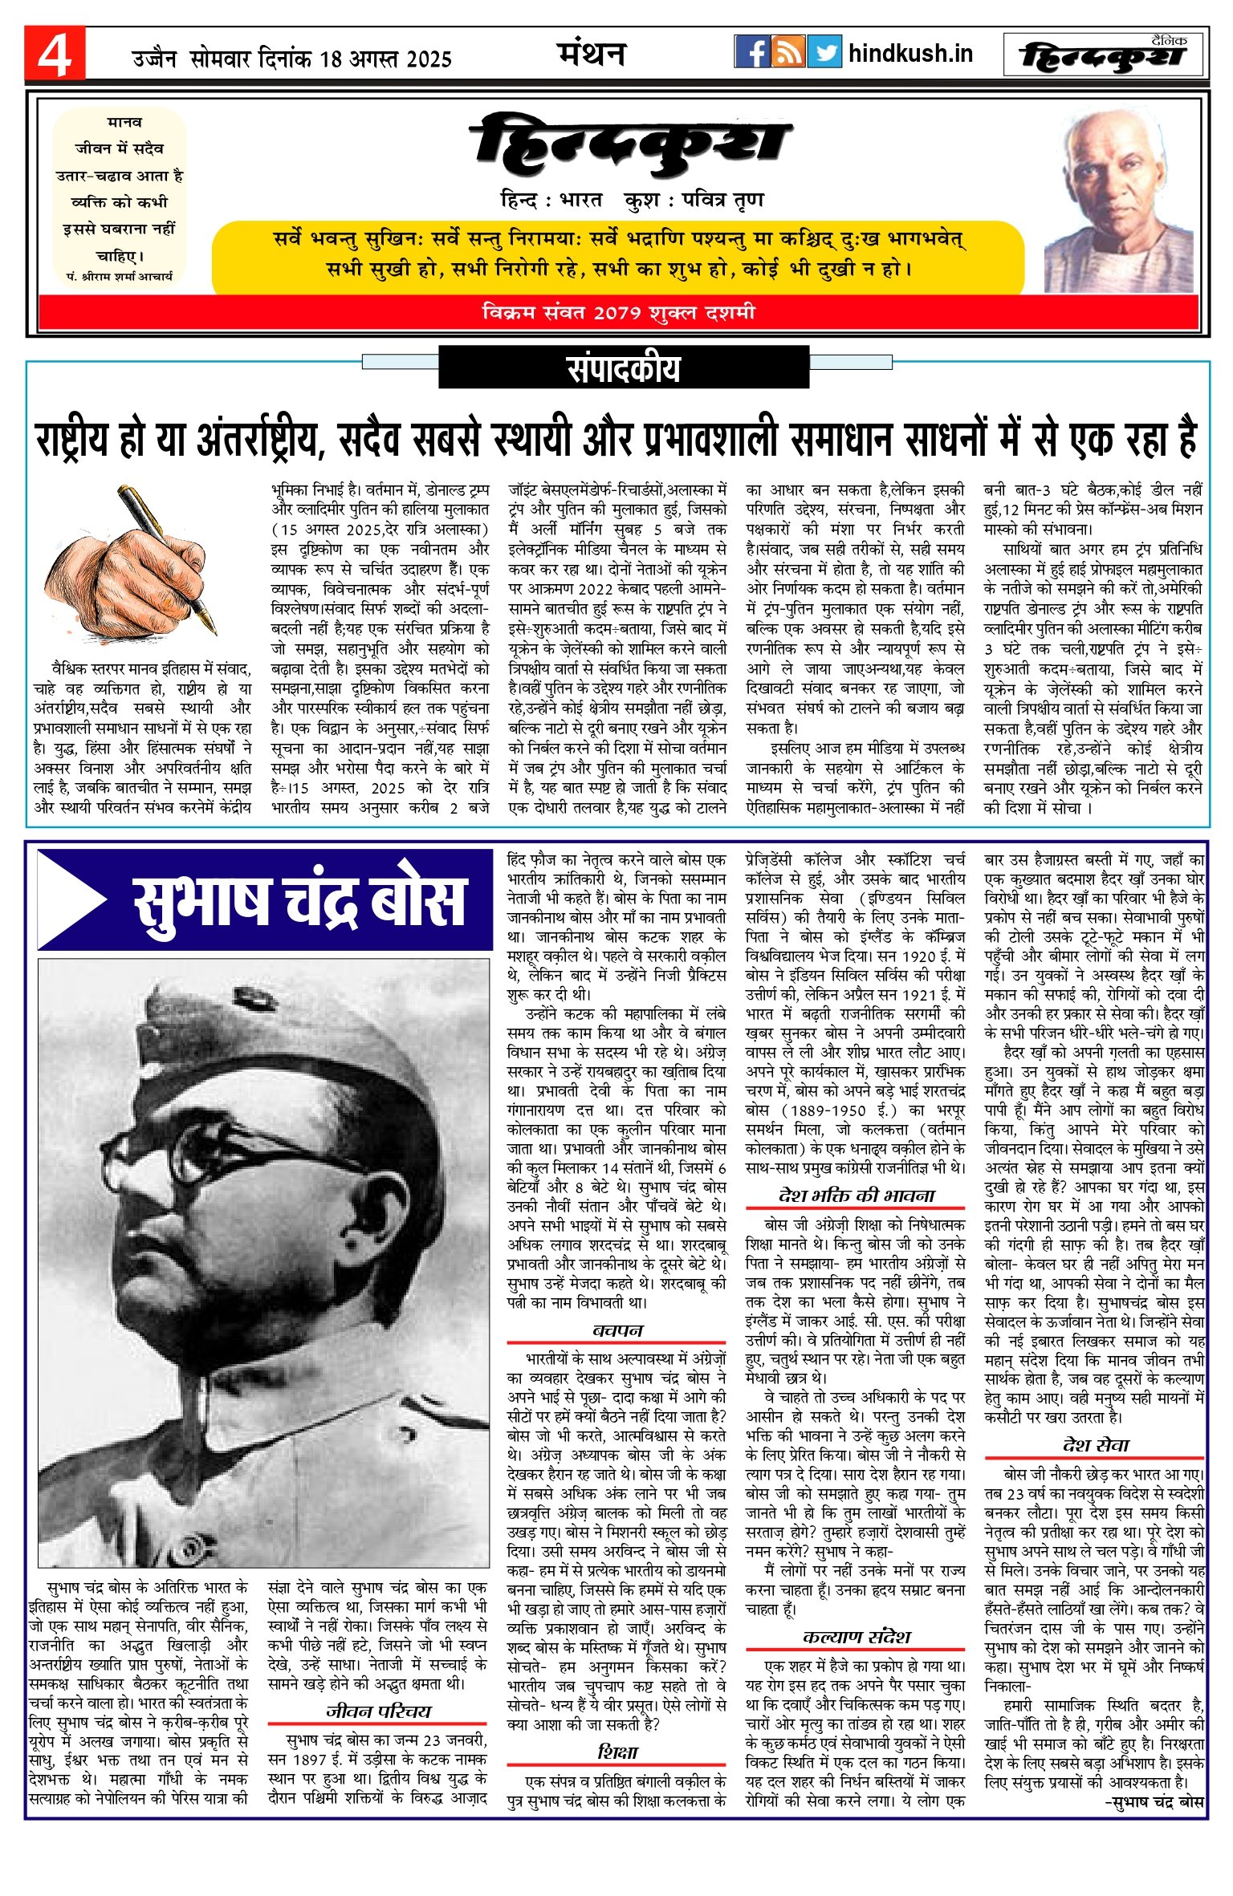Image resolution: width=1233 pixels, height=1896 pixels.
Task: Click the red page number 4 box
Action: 54,54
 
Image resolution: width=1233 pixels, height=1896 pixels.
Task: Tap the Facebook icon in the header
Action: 751,52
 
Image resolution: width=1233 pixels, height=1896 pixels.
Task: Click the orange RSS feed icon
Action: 787,52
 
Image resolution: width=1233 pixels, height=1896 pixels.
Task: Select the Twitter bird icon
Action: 824,52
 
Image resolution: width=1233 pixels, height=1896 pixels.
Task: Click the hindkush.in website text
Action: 910,54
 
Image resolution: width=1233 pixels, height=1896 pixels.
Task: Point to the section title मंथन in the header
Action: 592,54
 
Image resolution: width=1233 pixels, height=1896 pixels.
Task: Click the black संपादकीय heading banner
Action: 623,368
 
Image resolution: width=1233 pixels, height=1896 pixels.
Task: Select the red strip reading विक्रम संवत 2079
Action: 618,312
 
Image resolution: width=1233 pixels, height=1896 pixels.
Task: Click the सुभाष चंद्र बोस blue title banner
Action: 265,899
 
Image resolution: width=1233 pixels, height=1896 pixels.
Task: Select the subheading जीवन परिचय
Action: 378,1711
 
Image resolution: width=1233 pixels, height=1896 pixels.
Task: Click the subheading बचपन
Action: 616,1330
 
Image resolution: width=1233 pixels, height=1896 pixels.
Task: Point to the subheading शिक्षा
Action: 616,1752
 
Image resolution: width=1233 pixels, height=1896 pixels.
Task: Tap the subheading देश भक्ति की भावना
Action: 856,1196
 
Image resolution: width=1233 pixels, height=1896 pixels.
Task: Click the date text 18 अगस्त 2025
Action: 385,59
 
